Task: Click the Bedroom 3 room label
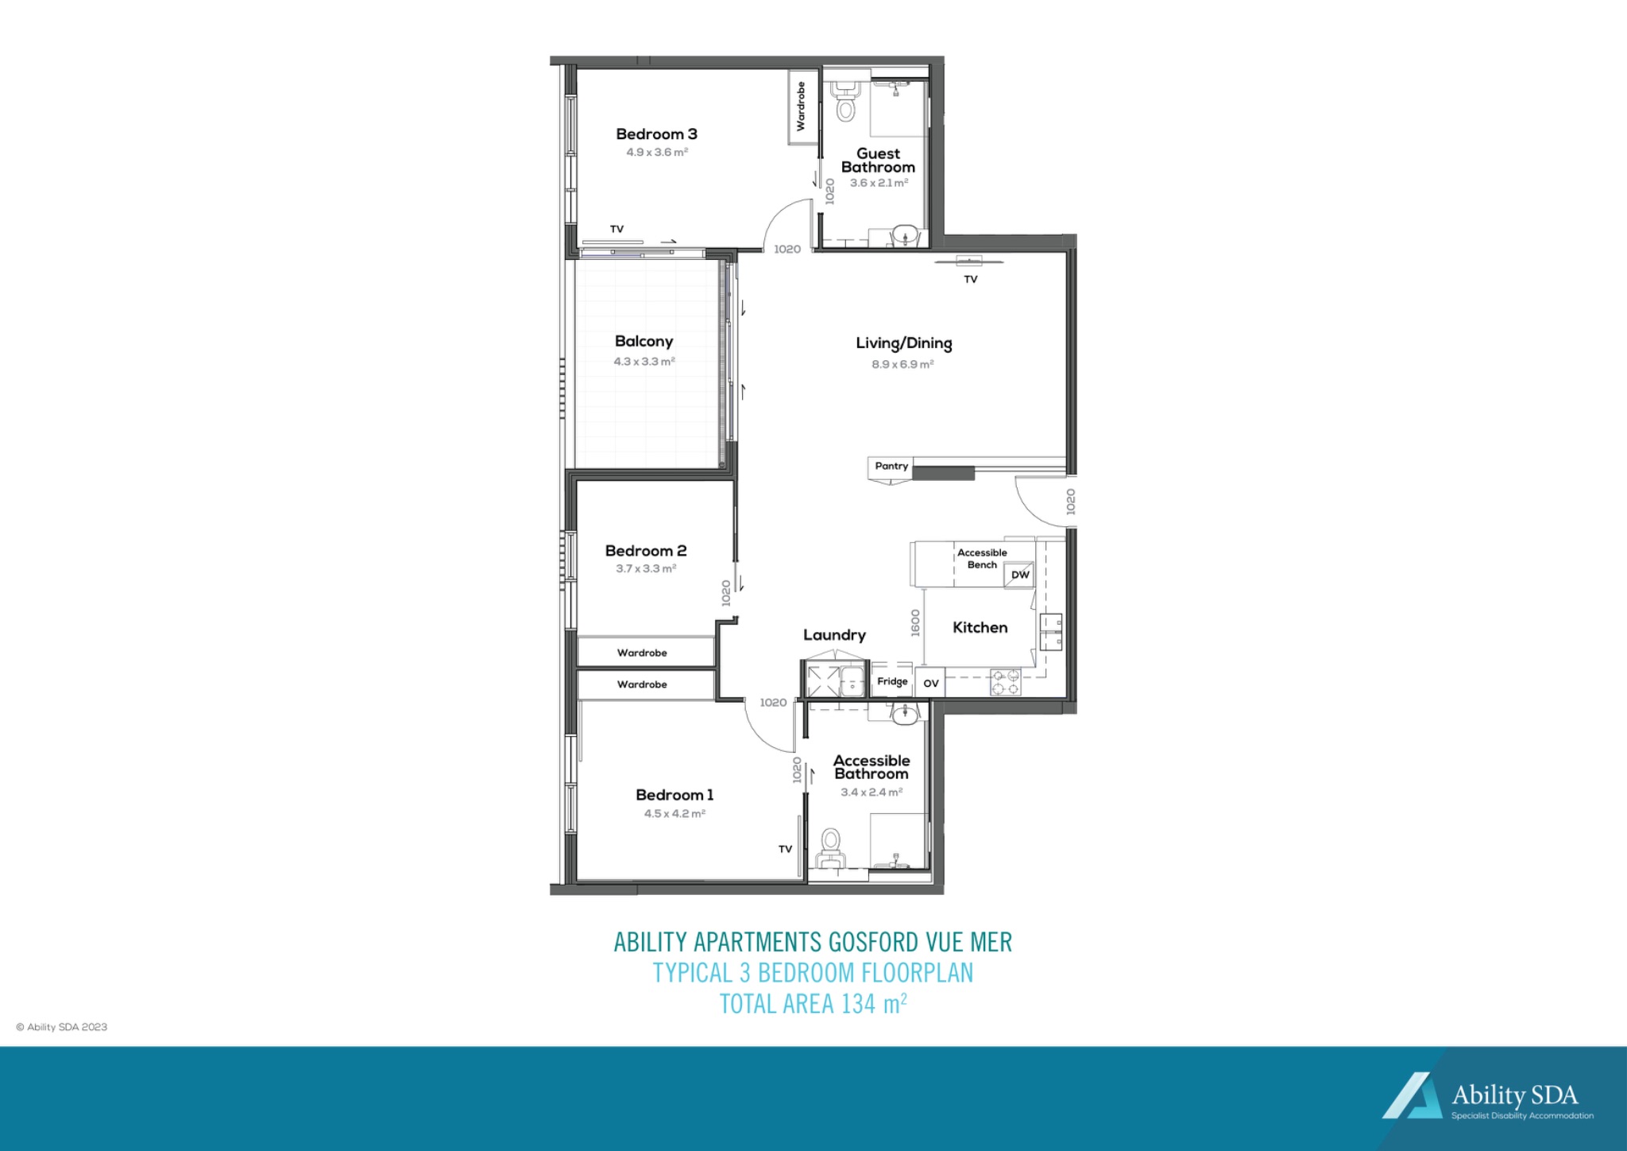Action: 656,134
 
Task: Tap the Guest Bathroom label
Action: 878,161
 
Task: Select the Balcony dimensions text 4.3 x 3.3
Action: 644,362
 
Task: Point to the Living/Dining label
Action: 903,343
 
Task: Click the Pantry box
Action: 891,467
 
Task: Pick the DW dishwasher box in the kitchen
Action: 1020,575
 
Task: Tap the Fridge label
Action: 892,682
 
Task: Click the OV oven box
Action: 930,683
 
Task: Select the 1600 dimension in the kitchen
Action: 915,622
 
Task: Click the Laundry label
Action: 834,635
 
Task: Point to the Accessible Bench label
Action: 982,559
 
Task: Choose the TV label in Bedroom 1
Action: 785,850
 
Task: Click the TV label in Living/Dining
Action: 970,280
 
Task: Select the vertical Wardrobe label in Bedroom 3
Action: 801,107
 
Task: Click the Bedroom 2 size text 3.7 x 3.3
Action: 646,569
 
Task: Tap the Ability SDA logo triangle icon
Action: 1412,1096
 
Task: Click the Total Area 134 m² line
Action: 813,1004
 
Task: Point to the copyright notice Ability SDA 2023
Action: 62,1027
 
